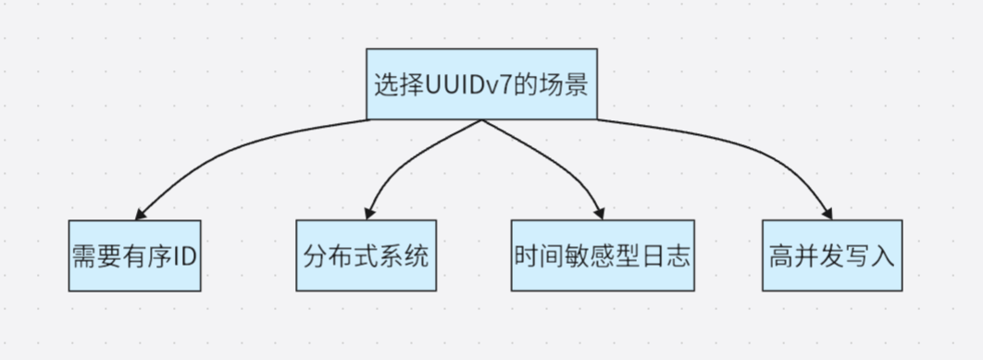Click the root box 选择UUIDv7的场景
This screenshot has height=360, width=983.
click(481, 84)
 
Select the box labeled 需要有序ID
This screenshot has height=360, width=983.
click(134, 255)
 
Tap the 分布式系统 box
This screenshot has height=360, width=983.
click(366, 255)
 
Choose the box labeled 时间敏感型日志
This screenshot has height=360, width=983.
click(601, 255)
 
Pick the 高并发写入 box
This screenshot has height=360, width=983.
click(831, 255)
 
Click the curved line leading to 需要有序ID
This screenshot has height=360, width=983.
click(231, 148)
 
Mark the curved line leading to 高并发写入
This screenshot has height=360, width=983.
click(740, 143)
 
